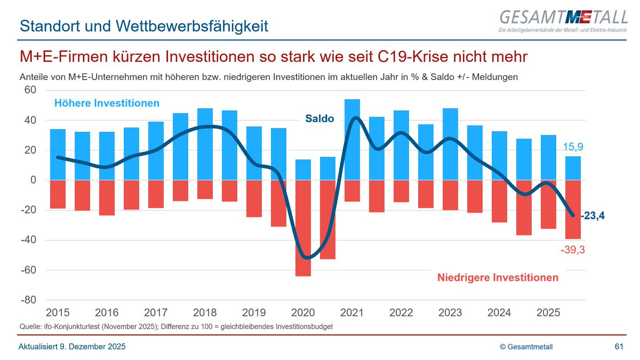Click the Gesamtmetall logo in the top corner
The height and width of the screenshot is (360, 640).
click(x=562, y=21)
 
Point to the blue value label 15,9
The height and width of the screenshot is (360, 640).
click(x=574, y=147)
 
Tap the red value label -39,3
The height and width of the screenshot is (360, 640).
click(x=573, y=250)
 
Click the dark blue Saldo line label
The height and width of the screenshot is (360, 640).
click(x=319, y=119)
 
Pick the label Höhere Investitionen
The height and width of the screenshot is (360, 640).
click(x=107, y=103)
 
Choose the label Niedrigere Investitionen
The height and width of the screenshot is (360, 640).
click(x=498, y=277)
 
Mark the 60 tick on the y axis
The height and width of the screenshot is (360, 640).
click(x=29, y=90)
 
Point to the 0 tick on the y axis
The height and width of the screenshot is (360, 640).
click(x=33, y=180)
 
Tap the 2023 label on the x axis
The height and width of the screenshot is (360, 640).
click(x=450, y=313)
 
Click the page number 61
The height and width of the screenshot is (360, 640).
click(x=619, y=347)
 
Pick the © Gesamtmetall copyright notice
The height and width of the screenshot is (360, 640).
click(x=526, y=347)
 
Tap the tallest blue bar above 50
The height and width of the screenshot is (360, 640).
click(x=352, y=139)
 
